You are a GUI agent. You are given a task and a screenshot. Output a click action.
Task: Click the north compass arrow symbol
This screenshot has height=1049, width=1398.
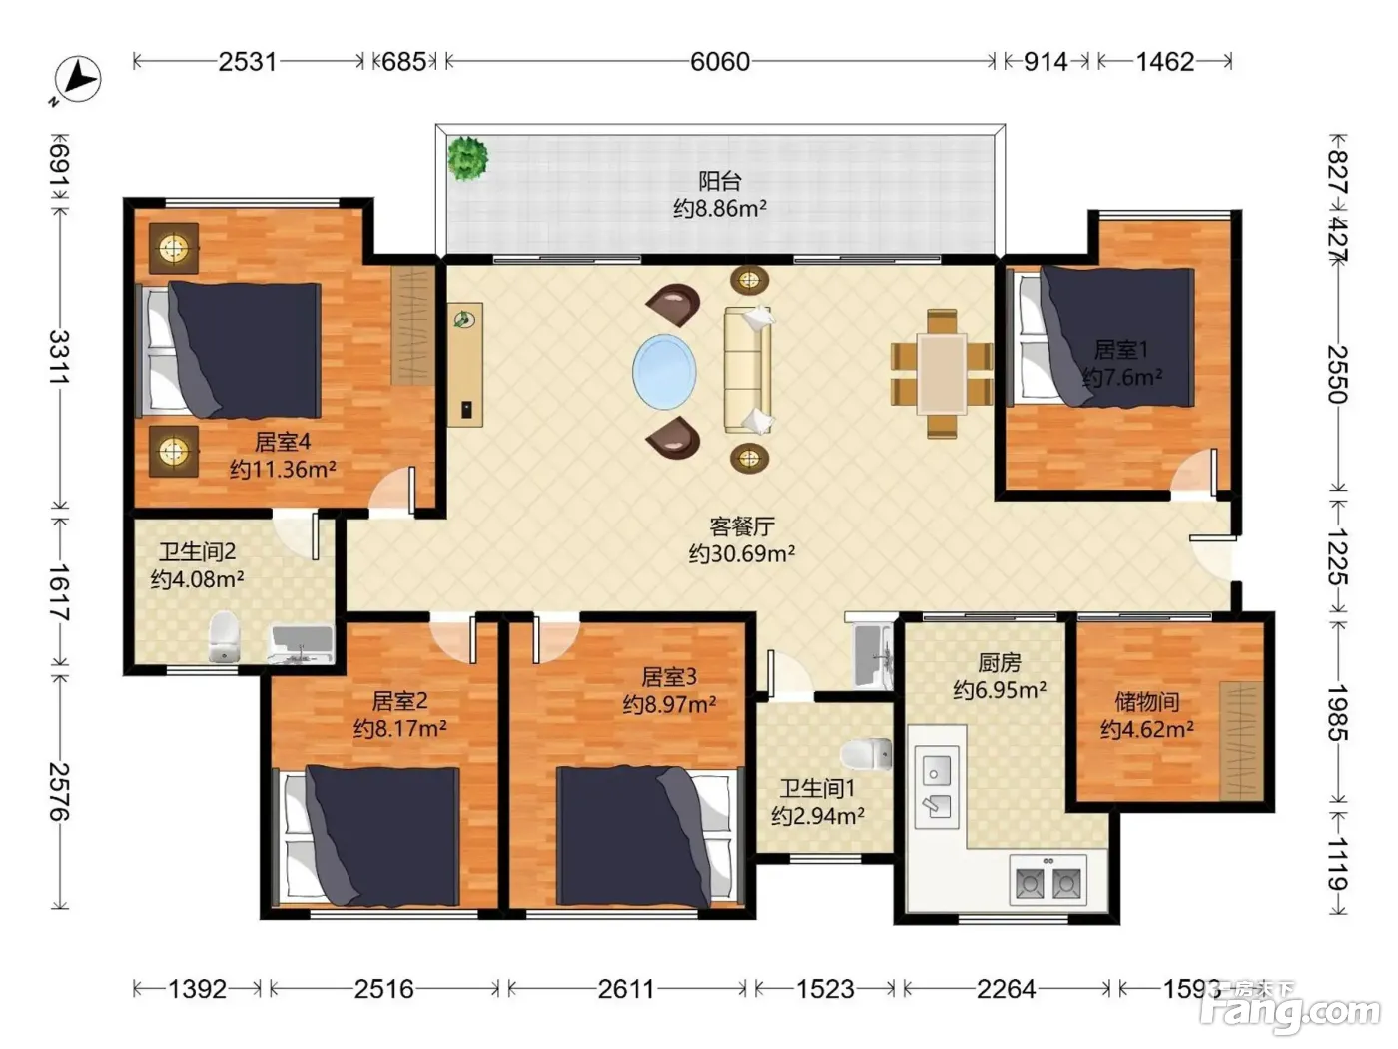tap(77, 80)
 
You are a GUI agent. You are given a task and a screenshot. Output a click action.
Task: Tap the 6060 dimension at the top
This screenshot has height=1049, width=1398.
tap(720, 62)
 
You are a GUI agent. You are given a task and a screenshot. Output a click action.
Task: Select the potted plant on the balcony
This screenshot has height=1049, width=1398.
tap(468, 158)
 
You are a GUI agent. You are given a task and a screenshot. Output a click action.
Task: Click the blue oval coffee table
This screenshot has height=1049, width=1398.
tap(664, 372)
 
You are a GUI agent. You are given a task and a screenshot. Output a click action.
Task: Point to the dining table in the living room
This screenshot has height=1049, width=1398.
tap(942, 374)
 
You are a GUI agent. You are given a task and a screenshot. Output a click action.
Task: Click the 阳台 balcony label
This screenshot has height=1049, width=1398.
tap(720, 182)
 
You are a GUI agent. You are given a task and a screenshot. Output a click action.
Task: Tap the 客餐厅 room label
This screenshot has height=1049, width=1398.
tap(742, 526)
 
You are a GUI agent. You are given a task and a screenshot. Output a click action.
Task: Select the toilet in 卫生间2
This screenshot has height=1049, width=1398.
tap(224, 636)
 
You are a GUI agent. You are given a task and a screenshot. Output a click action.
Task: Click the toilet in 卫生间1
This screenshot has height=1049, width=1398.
tap(866, 755)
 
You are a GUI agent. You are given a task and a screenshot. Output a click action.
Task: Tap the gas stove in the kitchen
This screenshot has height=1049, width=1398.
tap(1048, 881)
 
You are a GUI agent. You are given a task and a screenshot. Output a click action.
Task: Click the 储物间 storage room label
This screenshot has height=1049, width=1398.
tap(1147, 702)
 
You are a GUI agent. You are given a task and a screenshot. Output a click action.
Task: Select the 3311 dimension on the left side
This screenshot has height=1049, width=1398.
tap(60, 356)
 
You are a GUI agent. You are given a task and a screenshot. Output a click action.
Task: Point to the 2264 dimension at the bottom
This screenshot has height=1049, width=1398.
tap(1007, 989)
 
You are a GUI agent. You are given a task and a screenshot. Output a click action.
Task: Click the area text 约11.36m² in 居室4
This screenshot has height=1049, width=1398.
tap(283, 470)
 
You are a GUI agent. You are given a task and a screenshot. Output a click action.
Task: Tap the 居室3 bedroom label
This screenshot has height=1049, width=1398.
tap(669, 677)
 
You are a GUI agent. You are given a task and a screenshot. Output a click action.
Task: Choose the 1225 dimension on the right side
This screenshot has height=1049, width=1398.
tap(1337, 557)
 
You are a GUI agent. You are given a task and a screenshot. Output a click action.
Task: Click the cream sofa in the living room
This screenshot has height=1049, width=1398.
tap(748, 370)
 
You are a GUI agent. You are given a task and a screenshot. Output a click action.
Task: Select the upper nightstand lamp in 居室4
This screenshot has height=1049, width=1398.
tap(173, 248)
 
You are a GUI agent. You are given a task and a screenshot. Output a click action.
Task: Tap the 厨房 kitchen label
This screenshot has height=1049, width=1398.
tap(1000, 663)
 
